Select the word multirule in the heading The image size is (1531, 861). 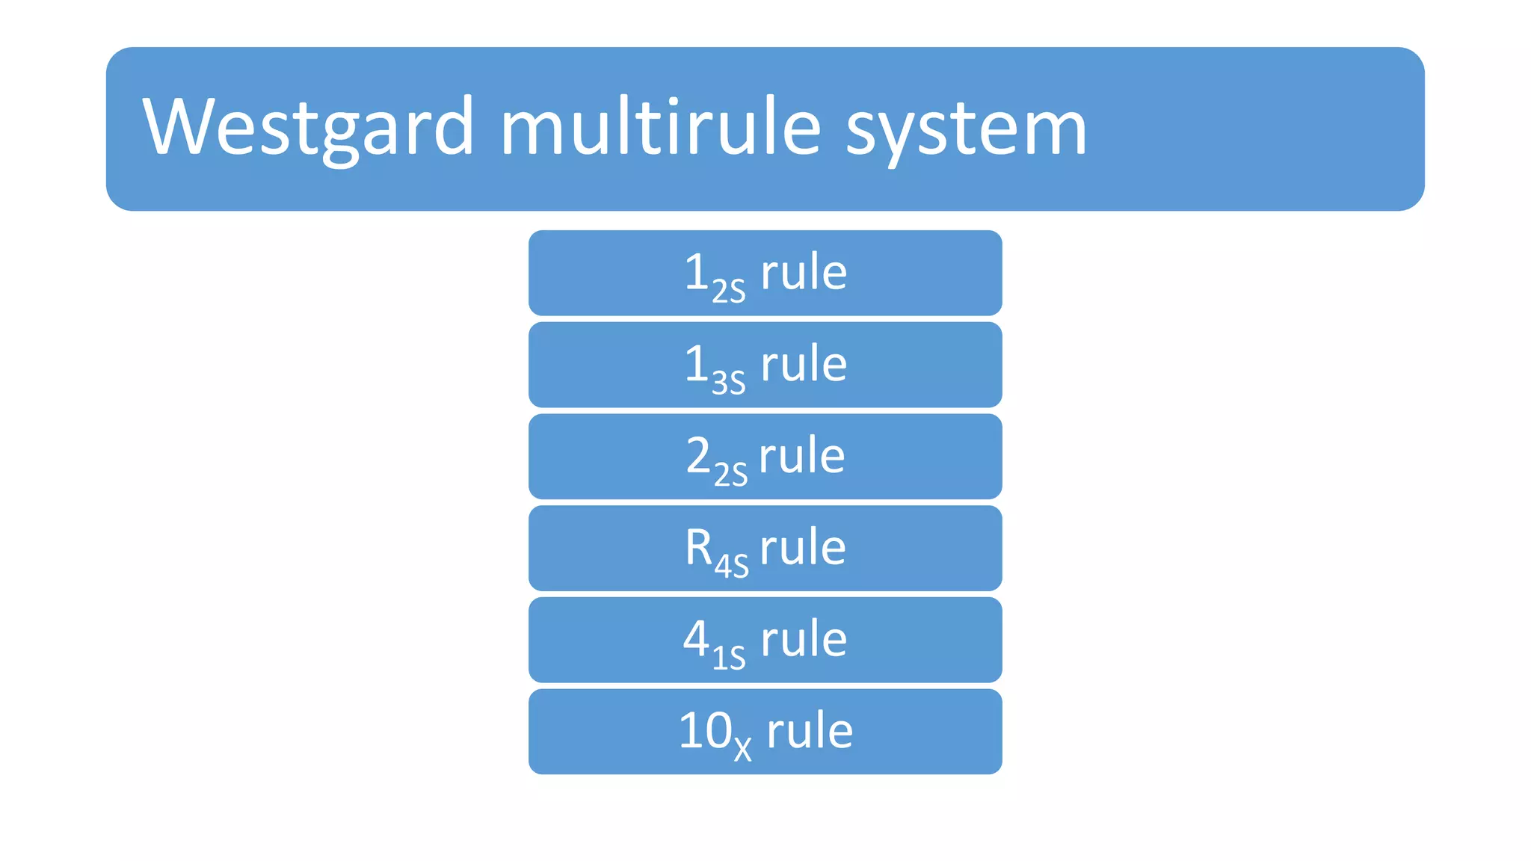point(661,126)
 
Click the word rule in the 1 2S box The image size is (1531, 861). point(804,272)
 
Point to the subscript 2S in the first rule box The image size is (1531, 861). point(729,290)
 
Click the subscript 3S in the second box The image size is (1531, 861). point(729,382)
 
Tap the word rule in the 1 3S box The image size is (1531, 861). point(804,364)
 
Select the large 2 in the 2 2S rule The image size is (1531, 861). point(697,455)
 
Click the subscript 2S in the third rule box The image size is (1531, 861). point(730,474)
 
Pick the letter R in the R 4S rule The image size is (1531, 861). point(699,547)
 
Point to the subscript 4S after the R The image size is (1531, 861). point(731,566)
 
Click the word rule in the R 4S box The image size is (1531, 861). point(803,547)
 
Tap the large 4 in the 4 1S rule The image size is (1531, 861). point(696,639)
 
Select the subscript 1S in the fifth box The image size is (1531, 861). point(729,658)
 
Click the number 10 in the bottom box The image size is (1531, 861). point(705,730)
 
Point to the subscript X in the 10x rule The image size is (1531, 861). point(742,748)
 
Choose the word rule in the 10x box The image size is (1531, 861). point(810,730)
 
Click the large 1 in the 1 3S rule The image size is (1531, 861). point(696,364)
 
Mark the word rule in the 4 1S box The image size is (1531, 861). point(804,639)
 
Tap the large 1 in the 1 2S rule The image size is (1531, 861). point(696,272)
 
